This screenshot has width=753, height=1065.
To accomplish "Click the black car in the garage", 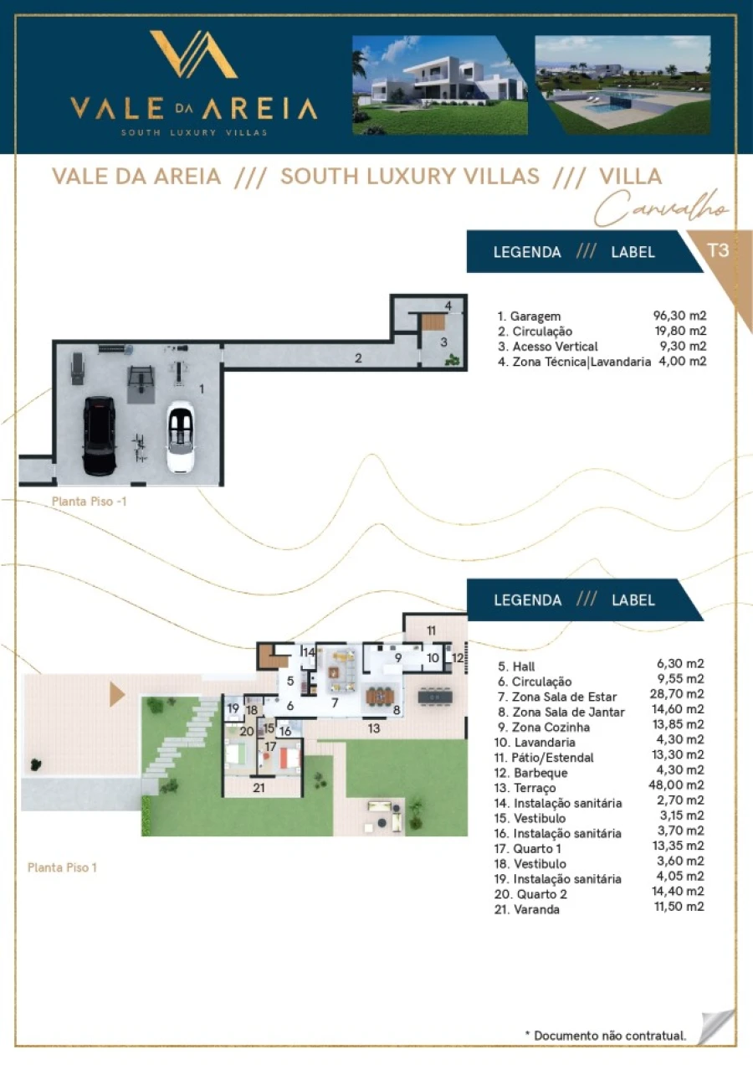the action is [x=100, y=436].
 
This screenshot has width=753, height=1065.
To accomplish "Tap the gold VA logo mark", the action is [x=194, y=54].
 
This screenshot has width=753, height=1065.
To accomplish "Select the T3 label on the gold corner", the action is [x=718, y=250].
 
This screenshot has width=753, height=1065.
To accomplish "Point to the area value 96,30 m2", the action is [x=679, y=315].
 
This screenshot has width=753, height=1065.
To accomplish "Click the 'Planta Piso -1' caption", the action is [x=90, y=502].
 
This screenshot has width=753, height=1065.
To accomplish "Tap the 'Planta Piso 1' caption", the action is [x=62, y=867].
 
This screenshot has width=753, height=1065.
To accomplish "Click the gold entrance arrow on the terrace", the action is [x=117, y=695].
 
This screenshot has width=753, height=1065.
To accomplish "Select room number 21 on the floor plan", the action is [x=259, y=788].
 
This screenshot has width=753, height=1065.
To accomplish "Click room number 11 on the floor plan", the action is [x=431, y=630].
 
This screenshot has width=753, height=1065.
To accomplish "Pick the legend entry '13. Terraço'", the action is [x=525, y=788].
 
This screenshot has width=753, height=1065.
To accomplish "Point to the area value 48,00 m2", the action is [x=676, y=785].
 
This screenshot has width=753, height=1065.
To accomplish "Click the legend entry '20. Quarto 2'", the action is [x=530, y=894].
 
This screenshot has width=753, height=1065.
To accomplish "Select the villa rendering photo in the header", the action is [x=439, y=85].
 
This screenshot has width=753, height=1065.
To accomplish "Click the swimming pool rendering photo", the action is [x=622, y=85].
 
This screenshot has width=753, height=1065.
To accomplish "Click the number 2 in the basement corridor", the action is [x=358, y=358].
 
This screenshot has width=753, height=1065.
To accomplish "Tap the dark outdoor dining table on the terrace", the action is [x=435, y=697].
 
